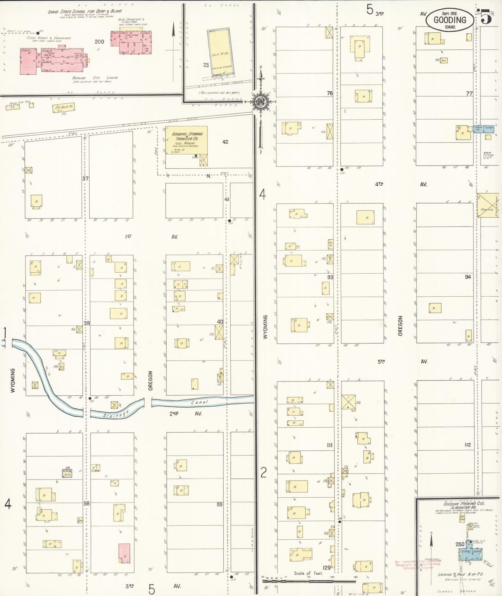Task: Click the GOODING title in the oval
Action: pos(450,20)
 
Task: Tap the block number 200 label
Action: pos(99,42)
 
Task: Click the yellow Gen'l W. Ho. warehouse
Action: pos(221,52)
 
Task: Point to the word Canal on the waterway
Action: pos(200,402)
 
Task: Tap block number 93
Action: pos(330,277)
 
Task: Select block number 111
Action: pos(329,445)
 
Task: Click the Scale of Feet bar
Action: pos(309,580)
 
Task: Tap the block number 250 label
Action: pos(460,544)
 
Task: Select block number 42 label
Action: pos(225,142)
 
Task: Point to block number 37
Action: pos(85,178)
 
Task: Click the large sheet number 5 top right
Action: pos(486,17)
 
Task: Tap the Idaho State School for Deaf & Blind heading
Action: pos(85,11)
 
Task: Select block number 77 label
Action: pos(469,94)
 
